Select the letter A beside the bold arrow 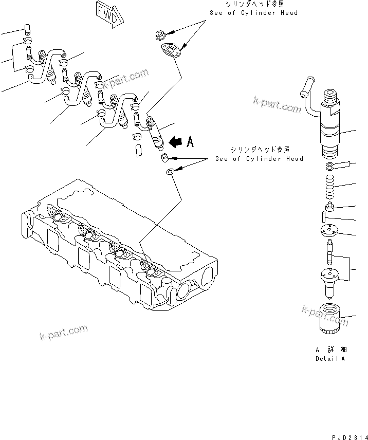click(x=190, y=142)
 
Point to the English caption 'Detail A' click(x=329, y=358)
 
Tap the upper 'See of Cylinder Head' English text click(x=253, y=13)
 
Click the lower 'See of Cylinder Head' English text click(x=259, y=159)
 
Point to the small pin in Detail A click(x=318, y=216)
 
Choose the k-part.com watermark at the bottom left click(x=64, y=333)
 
